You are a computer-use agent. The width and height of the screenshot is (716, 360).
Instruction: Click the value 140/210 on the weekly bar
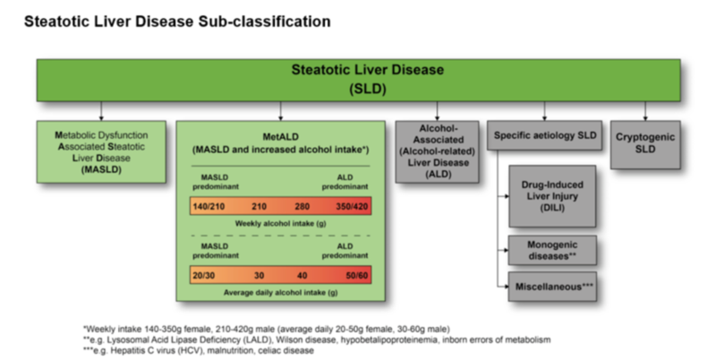[x=208, y=206]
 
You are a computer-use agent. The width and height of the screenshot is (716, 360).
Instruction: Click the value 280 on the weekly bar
[x=304, y=206]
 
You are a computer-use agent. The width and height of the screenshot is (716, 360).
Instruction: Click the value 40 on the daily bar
[x=304, y=276]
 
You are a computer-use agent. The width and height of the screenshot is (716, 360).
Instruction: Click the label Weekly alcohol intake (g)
[x=280, y=223]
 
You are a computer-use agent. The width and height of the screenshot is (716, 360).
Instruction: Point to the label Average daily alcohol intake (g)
[x=280, y=292]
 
